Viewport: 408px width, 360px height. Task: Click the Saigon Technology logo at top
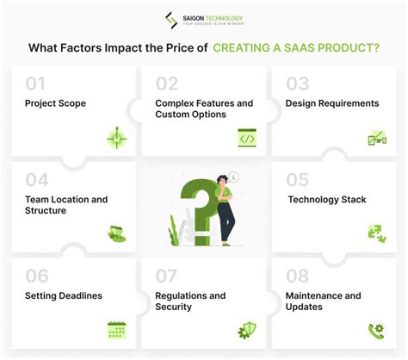coord(203,19)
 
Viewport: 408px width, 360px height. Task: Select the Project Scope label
coord(54,103)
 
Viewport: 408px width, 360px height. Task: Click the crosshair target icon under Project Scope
coord(116,138)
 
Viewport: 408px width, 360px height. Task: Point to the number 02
coord(165,84)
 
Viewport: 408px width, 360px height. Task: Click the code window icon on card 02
coord(247,138)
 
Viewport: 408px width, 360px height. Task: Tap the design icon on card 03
coord(376,138)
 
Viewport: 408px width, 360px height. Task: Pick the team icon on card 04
coord(116,233)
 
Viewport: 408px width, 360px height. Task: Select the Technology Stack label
coord(326,200)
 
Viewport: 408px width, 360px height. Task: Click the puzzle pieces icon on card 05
coord(376,233)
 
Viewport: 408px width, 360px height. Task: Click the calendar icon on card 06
coord(116,329)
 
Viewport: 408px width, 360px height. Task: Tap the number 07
coord(165,276)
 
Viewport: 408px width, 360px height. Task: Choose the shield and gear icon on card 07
coord(246,329)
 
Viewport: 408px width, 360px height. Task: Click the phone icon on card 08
coord(376,329)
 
